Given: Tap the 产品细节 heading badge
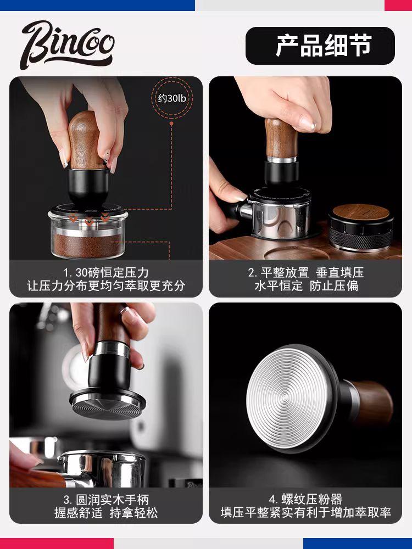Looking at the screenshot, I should [320, 46].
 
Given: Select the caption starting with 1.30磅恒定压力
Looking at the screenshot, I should [106, 272].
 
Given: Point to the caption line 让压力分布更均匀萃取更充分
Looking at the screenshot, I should [106, 286].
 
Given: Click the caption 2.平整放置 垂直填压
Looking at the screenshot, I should [305, 272].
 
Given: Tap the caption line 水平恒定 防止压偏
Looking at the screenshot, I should [305, 286].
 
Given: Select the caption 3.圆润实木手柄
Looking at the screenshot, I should [106, 500].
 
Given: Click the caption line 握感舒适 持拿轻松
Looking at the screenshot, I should [106, 513].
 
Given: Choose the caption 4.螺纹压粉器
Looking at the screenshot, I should [305, 500].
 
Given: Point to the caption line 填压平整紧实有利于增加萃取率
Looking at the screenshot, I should [305, 513].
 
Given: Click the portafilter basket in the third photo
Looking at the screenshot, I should [102, 467].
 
